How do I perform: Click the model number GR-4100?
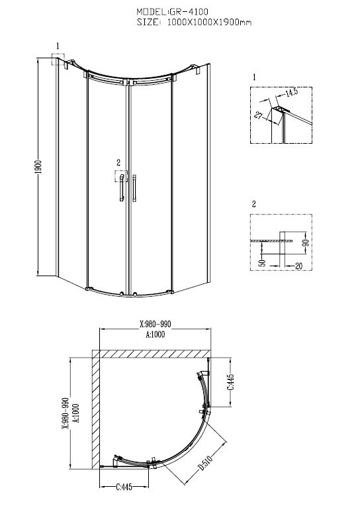(189, 12)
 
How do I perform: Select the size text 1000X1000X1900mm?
(209, 22)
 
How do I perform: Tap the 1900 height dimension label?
(39, 166)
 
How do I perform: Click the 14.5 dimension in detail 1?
(291, 92)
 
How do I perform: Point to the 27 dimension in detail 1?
(259, 115)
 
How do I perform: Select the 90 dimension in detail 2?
(306, 241)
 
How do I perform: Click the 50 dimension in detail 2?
(263, 262)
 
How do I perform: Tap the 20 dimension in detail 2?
(298, 266)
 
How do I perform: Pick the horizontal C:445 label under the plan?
(124, 487)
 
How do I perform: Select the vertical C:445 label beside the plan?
(230, 382)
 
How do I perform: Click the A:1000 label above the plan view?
(156, 334)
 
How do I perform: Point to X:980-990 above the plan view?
(156, 324)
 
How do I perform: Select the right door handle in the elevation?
(134, 188)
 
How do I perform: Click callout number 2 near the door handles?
(118, 163)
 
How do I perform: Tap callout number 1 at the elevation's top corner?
(58, 46)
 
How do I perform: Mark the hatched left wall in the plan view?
(96, 409)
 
